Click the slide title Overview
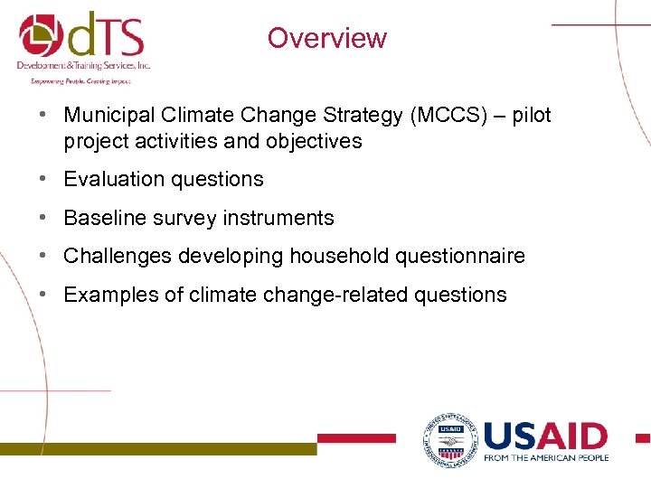pos(326,38)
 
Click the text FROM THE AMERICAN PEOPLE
pos(545,458)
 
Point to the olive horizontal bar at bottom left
pos(158,447)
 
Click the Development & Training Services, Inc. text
pos(83,66)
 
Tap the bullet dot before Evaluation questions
pos(42,180)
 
